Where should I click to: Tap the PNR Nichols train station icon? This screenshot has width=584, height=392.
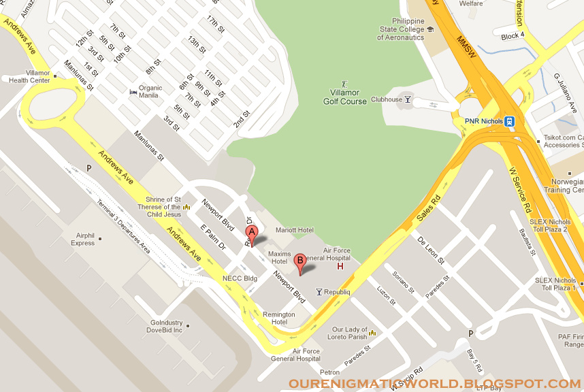510,121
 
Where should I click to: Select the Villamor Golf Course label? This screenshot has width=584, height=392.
344,97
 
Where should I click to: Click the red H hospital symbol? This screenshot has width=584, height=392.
340,265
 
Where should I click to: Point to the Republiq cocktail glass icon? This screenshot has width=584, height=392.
319,292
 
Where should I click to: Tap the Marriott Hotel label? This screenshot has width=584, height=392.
294,230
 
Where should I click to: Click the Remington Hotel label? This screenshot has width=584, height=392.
279,318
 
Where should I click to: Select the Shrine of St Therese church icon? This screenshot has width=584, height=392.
186,207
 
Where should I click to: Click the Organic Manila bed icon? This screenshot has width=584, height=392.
133,92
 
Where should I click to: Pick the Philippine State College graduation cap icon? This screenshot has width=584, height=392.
430,29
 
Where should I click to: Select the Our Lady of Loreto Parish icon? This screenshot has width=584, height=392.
372,333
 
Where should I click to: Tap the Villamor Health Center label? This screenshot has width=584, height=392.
29,76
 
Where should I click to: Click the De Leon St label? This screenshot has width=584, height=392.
430,250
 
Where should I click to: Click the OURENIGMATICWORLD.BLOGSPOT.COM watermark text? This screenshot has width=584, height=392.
436,384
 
